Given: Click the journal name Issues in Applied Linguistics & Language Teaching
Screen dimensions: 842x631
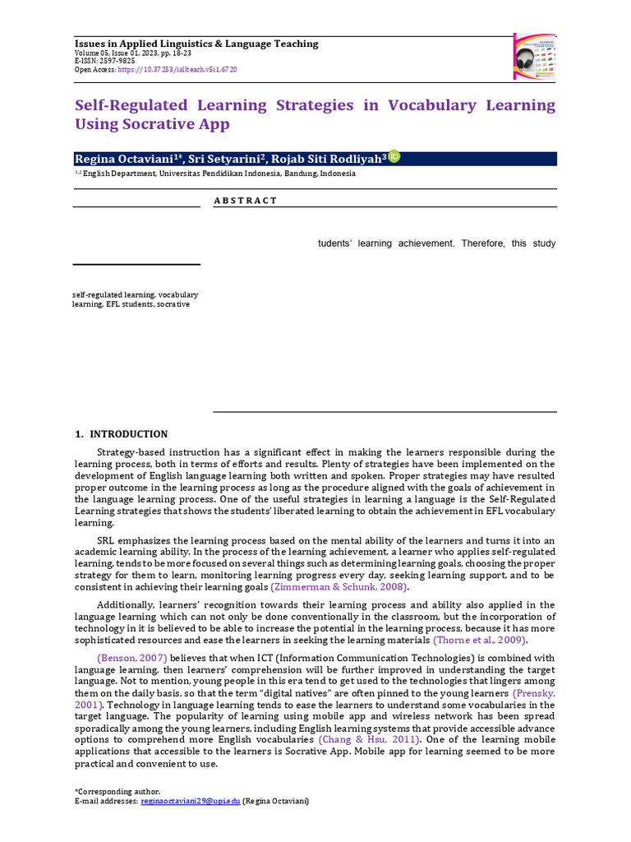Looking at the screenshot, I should tap(196, 44).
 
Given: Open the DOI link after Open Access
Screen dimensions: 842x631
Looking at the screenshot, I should tap(177, 70).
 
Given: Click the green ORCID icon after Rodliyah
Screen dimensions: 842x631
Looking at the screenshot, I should tap(394, 157).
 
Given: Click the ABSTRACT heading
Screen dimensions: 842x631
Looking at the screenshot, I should tap(245, 201).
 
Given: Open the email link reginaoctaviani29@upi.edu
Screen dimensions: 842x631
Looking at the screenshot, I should tap(190, 801).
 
